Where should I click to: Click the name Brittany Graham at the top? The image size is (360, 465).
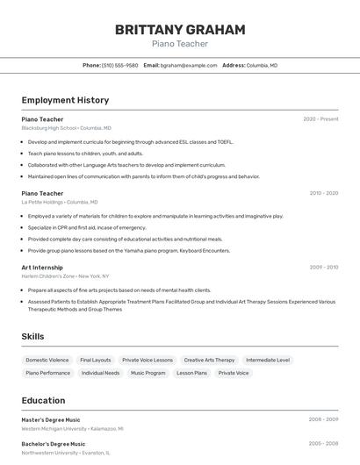[180, 30]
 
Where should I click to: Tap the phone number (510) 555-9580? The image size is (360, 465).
[119, 65]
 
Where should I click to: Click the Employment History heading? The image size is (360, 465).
[65, 100]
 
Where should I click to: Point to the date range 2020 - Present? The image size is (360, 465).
[320, 118]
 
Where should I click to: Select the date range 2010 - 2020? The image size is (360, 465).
[323, 193]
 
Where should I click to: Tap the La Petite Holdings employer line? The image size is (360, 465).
[59, 202]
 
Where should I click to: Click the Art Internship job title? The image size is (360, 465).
[42, 267]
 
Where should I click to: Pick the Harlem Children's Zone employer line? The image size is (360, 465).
[65, 275]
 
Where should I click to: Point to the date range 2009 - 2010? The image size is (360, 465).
[323, 267]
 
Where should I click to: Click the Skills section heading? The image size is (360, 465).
[33, 336]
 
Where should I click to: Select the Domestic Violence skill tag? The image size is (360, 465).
[47, 360]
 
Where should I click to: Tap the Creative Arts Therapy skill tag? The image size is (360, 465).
[209, 360]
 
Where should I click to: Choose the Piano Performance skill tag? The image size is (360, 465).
[48, 373]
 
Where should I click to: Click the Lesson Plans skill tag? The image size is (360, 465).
[191, 373]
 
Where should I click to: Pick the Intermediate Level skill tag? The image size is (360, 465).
[268, 360]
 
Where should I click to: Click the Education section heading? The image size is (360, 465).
[43, 400]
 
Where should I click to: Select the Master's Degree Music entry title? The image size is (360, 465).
[51, 419]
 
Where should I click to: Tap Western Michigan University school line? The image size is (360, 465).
[72, 429]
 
